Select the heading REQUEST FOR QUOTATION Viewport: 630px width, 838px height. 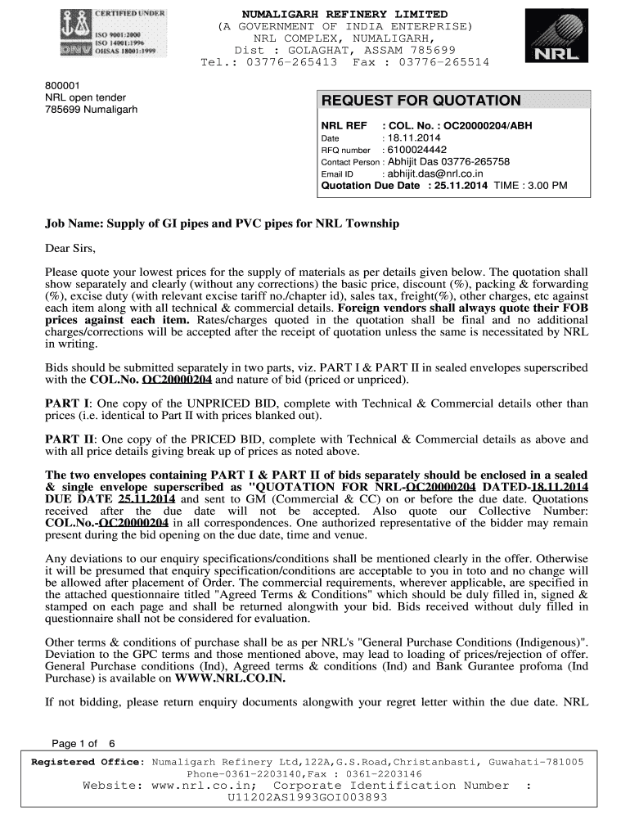421,101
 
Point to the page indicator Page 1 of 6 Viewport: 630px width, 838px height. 83,744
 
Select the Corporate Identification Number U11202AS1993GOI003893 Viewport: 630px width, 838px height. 307,796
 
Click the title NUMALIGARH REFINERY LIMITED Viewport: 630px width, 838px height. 344,15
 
